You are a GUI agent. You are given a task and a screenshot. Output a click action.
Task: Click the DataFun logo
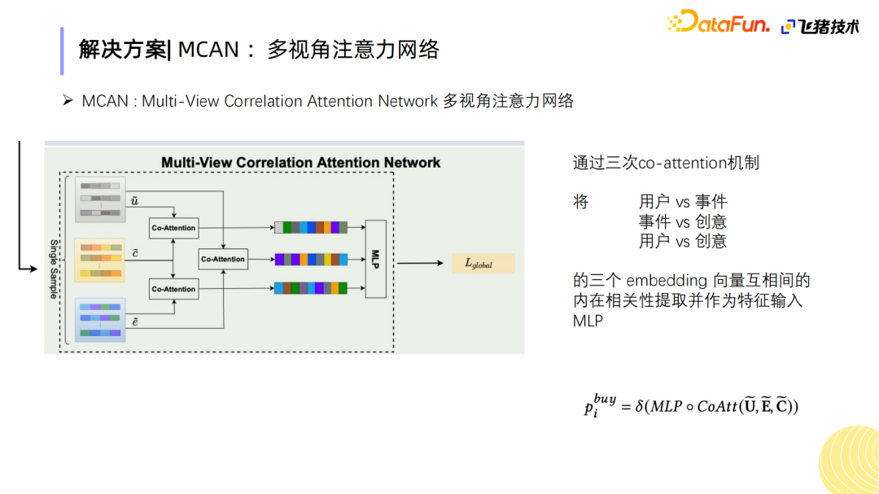point(718,23)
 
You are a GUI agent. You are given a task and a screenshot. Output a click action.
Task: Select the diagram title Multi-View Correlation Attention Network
point(300,162)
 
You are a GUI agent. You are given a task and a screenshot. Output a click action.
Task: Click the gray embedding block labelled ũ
point(99,199)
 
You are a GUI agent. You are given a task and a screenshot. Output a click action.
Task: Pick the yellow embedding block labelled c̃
point(99,259)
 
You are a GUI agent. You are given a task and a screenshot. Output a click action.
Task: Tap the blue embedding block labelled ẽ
point(99,319)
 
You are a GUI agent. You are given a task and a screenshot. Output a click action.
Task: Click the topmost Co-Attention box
point(173,228)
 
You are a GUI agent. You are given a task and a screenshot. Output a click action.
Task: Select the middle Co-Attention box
point(223,259)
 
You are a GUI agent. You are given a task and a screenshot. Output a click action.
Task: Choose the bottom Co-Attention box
point(173,289)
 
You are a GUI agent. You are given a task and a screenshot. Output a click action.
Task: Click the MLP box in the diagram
point(375,258)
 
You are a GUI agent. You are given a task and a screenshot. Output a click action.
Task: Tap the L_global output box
point(483,264)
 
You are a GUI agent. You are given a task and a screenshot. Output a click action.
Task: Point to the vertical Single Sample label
point(54,269)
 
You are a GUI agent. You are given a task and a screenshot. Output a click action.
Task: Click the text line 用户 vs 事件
point(682,201)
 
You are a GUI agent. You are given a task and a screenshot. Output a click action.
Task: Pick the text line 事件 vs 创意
point(682,221)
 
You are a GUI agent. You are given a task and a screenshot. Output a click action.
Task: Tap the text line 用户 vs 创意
point(682,241)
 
